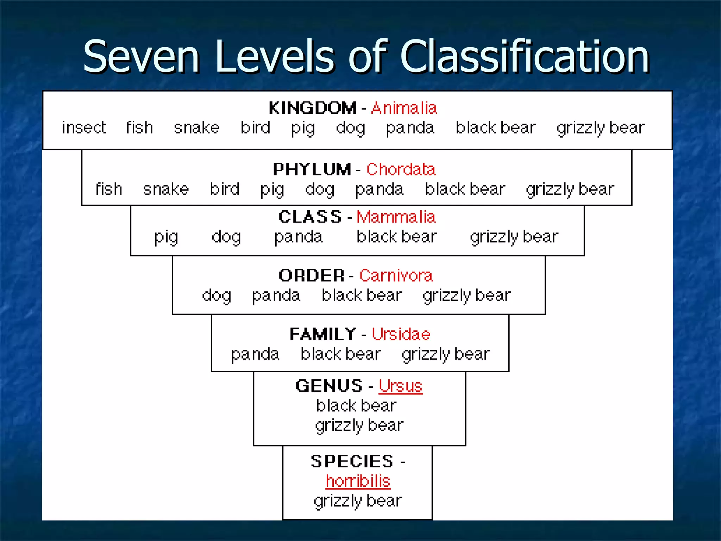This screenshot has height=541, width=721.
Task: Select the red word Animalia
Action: [x=404, y=108]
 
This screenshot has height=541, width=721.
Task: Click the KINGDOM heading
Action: [x=313, y=108]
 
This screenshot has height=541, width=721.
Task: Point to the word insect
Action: [x=84, y=128]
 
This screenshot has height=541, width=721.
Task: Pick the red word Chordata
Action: [x=401, y=169]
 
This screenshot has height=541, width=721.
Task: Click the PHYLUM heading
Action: [x=312, y=169]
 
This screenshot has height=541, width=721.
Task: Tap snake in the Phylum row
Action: [x=166, y=189]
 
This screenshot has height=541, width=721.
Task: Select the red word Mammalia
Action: [x=396, y=217]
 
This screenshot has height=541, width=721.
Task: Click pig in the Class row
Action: [x=166, y=237]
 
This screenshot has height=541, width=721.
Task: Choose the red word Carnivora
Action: [x=396, y=275]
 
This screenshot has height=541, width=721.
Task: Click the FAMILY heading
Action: [x=323, y=334]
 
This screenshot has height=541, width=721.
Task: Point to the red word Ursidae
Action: [x=401, y=334]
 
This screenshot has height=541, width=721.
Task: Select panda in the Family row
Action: [x=255, y=354]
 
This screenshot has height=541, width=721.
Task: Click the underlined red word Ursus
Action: [x=401, y=386]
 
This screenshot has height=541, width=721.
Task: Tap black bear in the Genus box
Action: [x=356, y=406]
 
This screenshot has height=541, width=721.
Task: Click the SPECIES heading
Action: [x=352, y=461]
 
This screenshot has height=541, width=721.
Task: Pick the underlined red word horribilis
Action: [x=358, y=481]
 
